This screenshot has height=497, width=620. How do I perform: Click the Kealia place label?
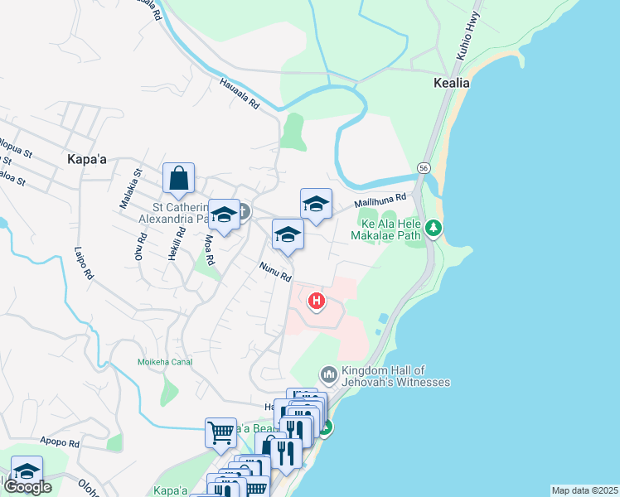click(452, 83)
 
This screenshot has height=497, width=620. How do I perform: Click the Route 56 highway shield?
click(424, 167)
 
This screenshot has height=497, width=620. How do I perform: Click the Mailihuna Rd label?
click(380, 201)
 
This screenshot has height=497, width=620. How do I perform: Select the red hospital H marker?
click(317, 301)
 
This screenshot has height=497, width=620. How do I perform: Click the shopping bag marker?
click(178, 177)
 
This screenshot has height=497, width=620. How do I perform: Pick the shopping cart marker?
click(220, 432)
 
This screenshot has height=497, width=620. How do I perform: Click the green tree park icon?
click(432, 227)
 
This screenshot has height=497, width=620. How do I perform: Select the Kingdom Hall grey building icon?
click(329, 376)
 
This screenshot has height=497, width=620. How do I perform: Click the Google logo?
click(27, 487)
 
